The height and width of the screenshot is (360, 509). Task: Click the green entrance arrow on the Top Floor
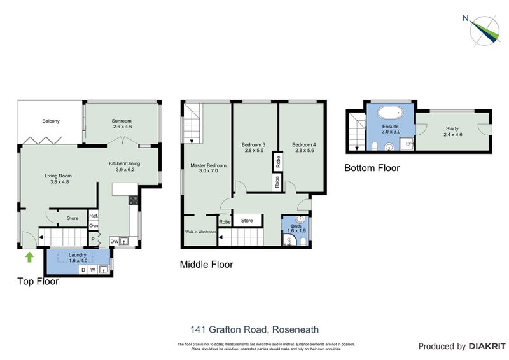tap(28, 257)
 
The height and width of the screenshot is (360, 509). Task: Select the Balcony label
tap(51, 121)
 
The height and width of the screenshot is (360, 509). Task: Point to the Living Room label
tap(58, 179)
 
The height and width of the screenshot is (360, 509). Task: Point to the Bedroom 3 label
tap(253, 148)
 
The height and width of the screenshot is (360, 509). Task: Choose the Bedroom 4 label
tap(304, 148)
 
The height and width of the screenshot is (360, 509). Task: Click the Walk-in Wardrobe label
tap(199, 233)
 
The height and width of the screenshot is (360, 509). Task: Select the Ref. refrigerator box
tap(92, 216)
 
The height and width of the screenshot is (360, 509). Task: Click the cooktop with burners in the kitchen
tap(134, 200)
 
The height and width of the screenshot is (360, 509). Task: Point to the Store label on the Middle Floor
tap(247, 221)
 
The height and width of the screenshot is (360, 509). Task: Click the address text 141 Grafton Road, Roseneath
tap(254, 329)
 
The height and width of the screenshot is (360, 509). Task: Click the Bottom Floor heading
tap(372, 168)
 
